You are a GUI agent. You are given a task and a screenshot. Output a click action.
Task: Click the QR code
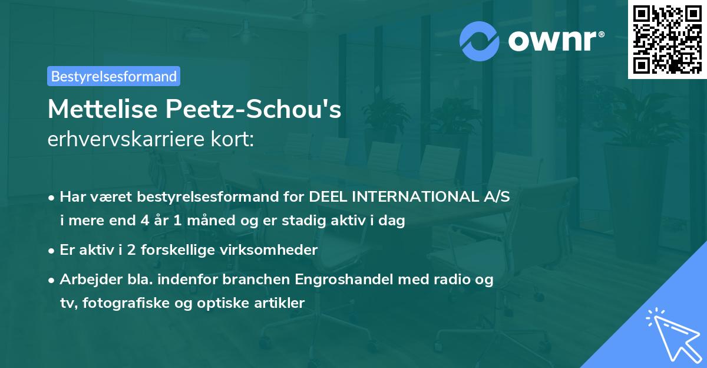(667, 39)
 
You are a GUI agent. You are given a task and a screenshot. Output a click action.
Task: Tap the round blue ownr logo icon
(480, 40)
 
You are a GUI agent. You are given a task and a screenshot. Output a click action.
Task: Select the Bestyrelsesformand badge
(114, 76)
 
